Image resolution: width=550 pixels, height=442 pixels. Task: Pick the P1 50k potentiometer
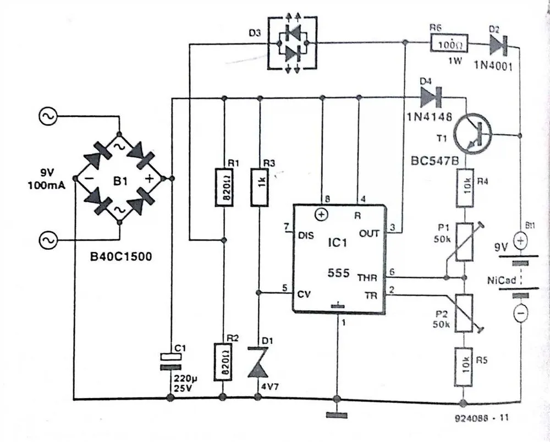[x=465, y=241]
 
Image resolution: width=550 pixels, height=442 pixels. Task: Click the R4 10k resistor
[x=465, y=188]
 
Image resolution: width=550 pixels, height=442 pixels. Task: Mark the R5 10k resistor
[x=465, y=365]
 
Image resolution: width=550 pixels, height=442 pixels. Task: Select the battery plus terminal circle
[x=520, y=241]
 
